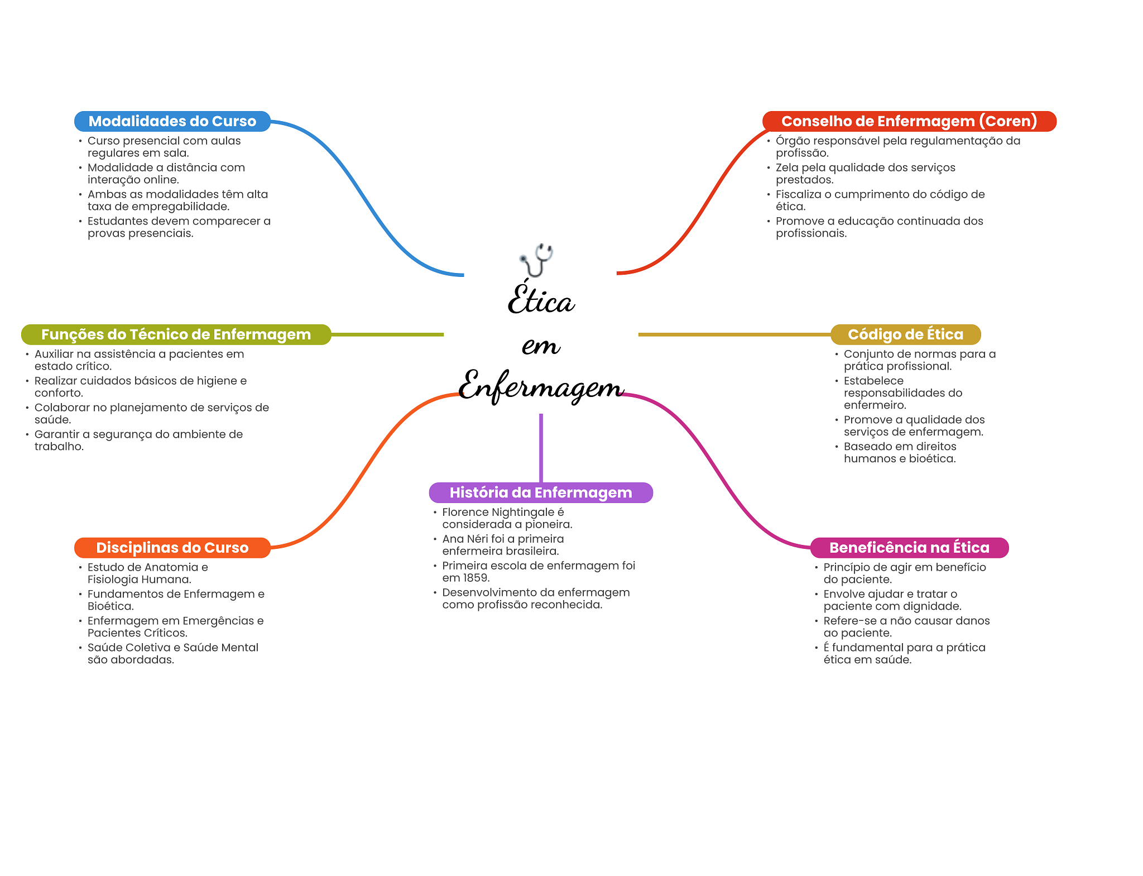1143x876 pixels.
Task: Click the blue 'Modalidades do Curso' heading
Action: [172, 121]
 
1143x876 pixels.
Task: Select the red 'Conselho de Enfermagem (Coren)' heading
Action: [909, 121]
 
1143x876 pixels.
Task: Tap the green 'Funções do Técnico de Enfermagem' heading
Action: [176, 334]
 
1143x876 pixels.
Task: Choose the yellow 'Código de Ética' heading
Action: [905, 334]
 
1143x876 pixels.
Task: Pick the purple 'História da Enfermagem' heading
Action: [541, 492]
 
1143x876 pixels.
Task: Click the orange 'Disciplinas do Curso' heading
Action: [172, 548]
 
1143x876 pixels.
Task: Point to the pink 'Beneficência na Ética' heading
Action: [909, 548]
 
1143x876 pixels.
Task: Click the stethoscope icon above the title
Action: [536, 260]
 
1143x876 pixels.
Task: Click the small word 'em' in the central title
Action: [541, 346]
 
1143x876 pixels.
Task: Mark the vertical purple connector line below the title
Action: [541, 448]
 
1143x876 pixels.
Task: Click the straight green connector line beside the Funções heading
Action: [387, 334]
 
